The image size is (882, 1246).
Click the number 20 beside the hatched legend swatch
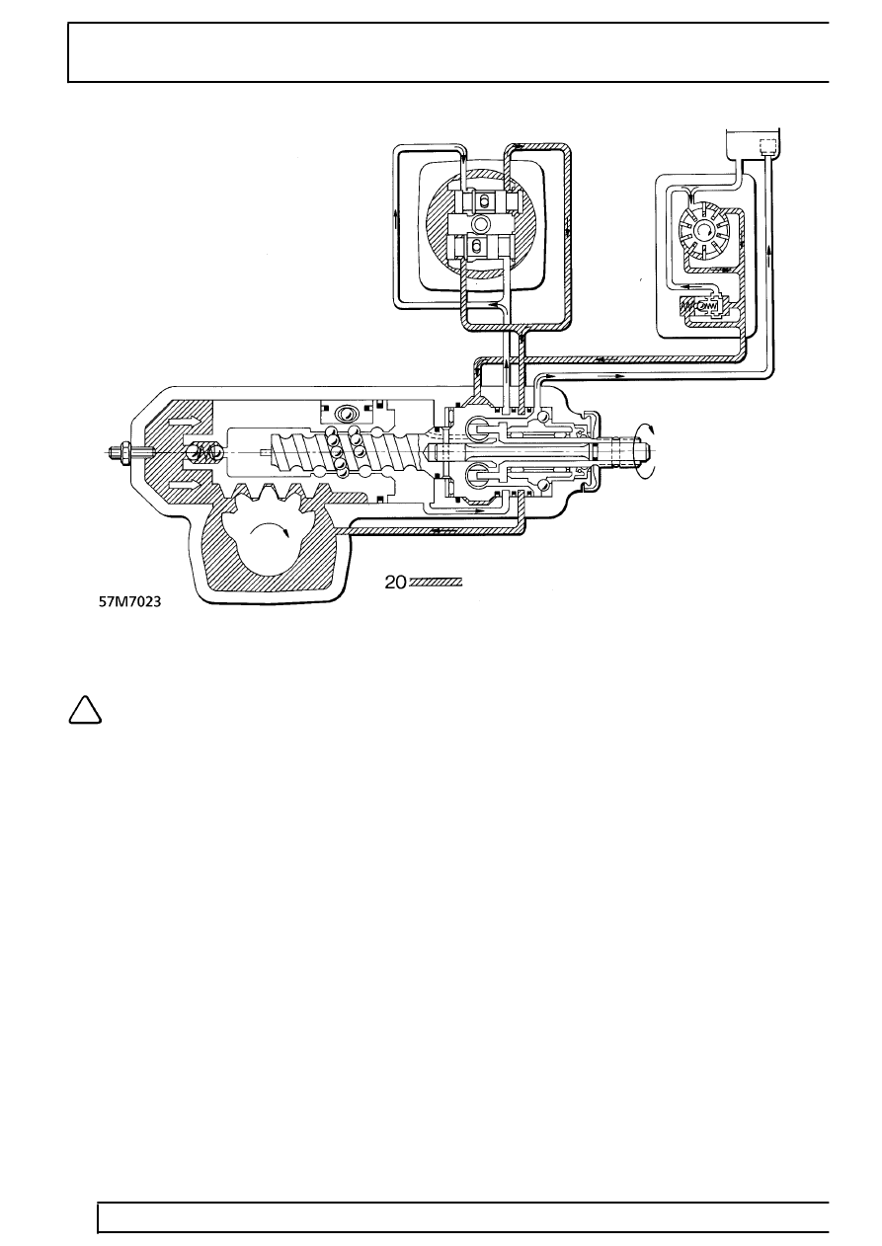(395, 584)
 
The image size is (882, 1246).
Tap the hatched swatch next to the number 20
(436, 583)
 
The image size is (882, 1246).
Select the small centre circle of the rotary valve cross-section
(481, 224)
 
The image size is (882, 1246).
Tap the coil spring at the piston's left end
(207, 452)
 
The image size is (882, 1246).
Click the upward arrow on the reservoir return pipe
(769, 267)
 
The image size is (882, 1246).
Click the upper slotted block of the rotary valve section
(483, 201)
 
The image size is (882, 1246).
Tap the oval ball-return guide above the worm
(346, 414)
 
